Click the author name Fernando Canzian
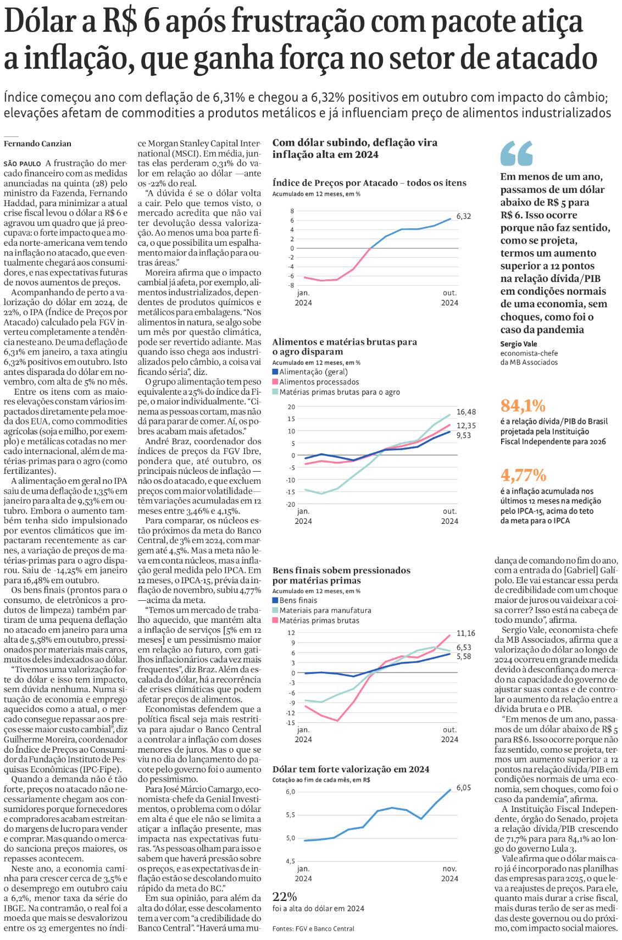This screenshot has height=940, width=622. click(x=37, y=144)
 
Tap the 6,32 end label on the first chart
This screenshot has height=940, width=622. click(x=463, y=217)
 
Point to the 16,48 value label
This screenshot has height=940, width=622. click(x=466, y=412)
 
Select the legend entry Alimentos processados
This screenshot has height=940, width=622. click(x=319, y=382)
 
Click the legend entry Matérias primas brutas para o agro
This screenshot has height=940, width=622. click(x=339, y=392)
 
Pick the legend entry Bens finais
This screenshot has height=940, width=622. click(x=298, y=600)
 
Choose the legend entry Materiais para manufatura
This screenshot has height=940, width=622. click(x=325, y=610)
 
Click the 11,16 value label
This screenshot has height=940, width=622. click(x=466, y=633)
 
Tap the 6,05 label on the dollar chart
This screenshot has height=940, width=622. click(x=463, y=788)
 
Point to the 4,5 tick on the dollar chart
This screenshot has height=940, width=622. click(x=290, y=861)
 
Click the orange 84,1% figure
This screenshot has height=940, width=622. click(x=523, y=406)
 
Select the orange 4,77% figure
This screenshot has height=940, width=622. click(x=523, y=475)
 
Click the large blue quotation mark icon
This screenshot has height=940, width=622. click(x=517, y=153)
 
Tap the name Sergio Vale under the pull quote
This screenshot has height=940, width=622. click(x=519, y=344)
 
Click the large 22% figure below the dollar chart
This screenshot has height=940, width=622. click(x=285, y=897)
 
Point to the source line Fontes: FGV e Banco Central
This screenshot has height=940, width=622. click(x=313, y=928)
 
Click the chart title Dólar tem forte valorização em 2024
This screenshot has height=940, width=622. click(x=351, y=769)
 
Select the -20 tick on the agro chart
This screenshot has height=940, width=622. click(x=291, y=504)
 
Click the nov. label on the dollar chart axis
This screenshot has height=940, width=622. click(x=449, y=869)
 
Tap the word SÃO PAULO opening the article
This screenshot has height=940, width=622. click(x=22, y=164)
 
